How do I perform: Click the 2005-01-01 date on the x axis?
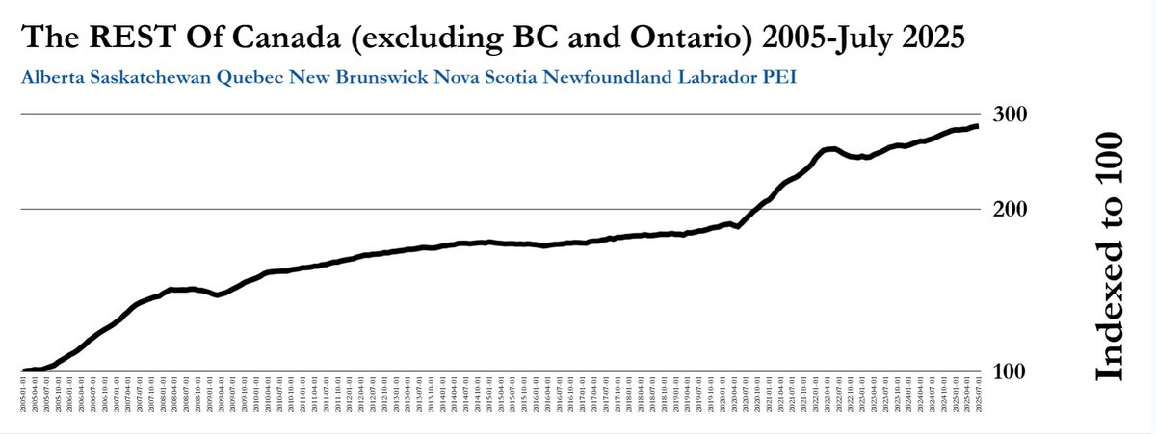pos(23,395)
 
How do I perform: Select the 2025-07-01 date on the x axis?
pos(979,395)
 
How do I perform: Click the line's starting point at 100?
pos(23,370)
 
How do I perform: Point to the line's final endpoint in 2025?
pos(979,126)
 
